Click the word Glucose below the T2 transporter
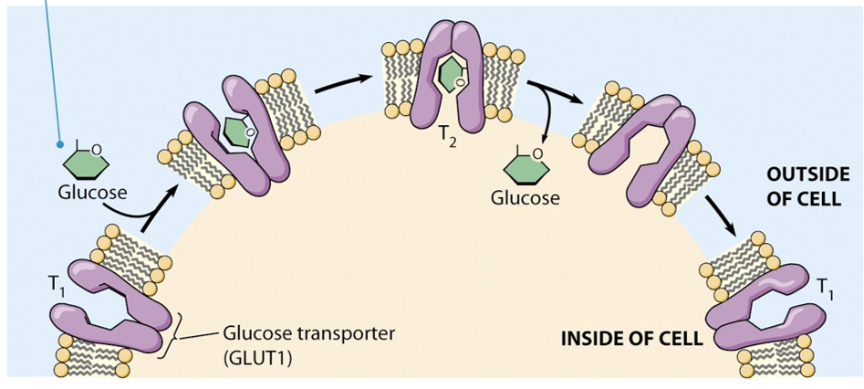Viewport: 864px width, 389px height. point(525,196)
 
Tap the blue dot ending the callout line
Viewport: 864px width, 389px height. point(60,144)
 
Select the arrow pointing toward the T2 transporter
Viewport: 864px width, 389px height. point(344,83)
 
